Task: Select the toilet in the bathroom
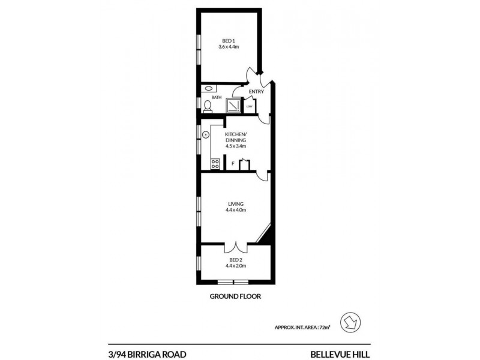click(x=207, y=106)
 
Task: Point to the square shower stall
click(x=233, y=106)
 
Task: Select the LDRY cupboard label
click(x=248, y=108)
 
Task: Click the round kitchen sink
click(x=205, y=134)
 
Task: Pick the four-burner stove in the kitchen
click(x=213, y=163)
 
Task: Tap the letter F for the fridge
click(x=232, y=163)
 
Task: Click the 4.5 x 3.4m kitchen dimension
click(x=235, y=146)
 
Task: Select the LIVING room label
click(x=235, y=204)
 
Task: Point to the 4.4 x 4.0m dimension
click(x=235, y=211)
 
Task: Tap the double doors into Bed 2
click(x=235, y=247)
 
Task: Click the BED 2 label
click(x=235, y=259)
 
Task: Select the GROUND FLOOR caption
click(x=235, y=296)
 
